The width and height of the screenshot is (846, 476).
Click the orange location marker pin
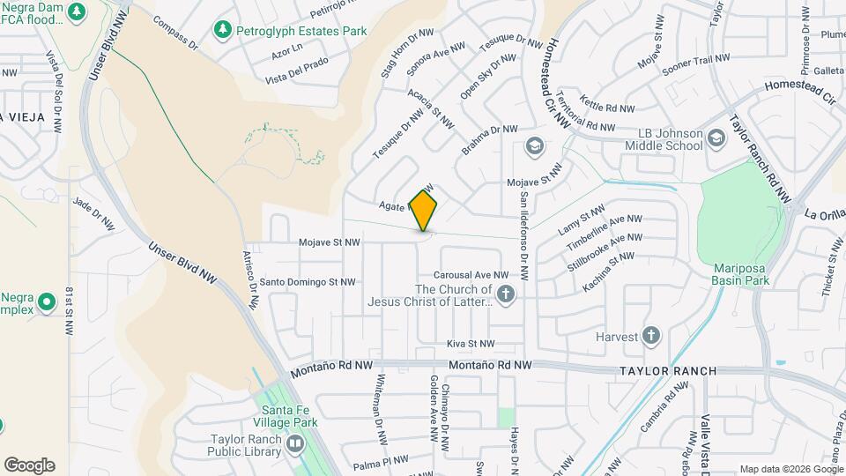[x=424, y=211]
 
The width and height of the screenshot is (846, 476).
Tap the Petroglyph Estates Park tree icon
[x=222, y=31]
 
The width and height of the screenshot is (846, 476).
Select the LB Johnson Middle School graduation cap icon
[x=716, y=138]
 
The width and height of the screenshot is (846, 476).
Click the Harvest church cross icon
[x=650, y=335]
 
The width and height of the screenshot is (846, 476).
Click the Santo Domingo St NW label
[x=307, y=282]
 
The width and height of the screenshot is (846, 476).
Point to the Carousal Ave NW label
[x=471, y=275]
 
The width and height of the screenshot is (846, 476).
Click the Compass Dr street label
[x=173, y=30]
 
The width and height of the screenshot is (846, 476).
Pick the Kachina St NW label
[x=608, y=271]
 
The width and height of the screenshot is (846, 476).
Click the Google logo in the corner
[x=29, y=465]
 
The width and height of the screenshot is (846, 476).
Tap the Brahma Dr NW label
[x=492, y=141]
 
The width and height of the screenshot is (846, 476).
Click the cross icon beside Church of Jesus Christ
[x=505, y=294]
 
